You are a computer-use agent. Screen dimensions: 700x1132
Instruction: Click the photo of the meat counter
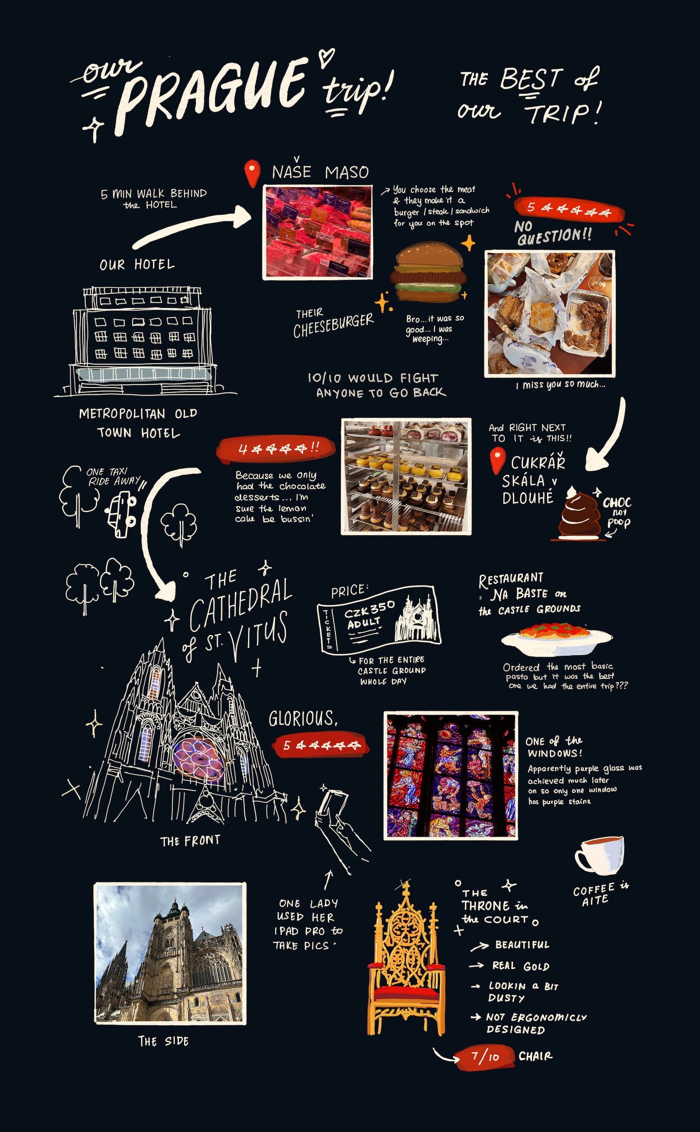[318, 232]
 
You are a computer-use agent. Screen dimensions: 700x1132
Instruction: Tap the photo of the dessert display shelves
[406, 477]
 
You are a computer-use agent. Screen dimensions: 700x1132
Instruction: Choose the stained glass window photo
[450, 775]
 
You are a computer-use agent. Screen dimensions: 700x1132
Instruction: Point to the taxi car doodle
[121, 513]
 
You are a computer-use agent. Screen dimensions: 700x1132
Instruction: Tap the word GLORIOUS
[303, 718]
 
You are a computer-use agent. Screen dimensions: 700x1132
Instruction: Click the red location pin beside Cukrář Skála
[497, 461]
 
